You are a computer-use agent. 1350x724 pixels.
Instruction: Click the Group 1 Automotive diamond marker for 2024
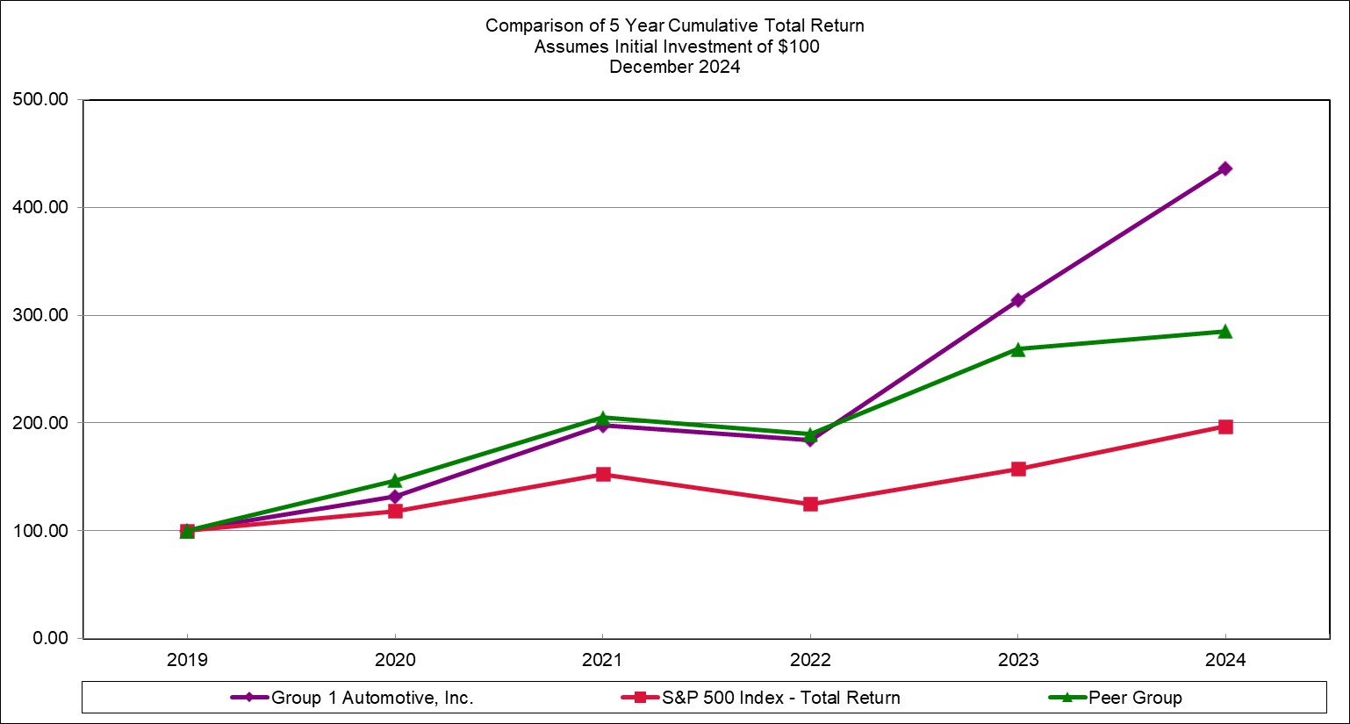click(x=1224, y=168)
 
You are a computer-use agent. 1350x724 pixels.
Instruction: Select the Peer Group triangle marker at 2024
click(x=1224, y=332)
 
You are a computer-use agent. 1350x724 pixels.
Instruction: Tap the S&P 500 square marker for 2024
click(x=1224, y=427)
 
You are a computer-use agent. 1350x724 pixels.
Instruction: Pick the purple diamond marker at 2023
click(x=1017, y=300)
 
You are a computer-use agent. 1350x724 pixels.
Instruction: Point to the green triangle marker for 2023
click(x=1017, y=349)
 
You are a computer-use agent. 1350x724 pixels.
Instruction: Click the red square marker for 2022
click(x=809, y=504)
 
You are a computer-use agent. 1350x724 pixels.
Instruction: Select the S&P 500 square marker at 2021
click(x=602, y=474)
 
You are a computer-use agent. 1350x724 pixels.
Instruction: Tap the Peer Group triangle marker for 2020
click(x=395, y=481)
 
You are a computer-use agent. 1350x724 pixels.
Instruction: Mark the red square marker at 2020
click(x=395, y=511)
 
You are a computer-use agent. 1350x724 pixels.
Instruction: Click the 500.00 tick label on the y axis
click(x=40, y=99)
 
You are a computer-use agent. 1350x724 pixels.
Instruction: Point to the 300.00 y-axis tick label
click(x=40, y=315)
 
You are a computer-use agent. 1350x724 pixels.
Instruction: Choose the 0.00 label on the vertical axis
click(x=50, y=638)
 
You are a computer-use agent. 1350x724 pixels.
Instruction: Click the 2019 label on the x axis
click(x=187, y=660)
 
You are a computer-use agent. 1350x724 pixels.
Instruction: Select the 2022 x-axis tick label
click(x=809, y=660)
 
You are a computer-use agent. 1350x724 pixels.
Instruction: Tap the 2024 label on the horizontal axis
click(x=1224, y=660)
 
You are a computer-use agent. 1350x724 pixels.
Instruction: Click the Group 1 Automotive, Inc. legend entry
click(x=371, y=698)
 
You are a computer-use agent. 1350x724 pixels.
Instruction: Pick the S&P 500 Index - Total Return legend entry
click(x=779, y=698)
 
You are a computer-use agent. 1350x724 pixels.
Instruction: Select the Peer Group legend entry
click(x=1134, y=698)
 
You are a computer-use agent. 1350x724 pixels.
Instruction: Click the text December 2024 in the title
click(x=674, y=67)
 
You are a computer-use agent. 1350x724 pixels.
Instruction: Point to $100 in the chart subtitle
click(x=798, y=47)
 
